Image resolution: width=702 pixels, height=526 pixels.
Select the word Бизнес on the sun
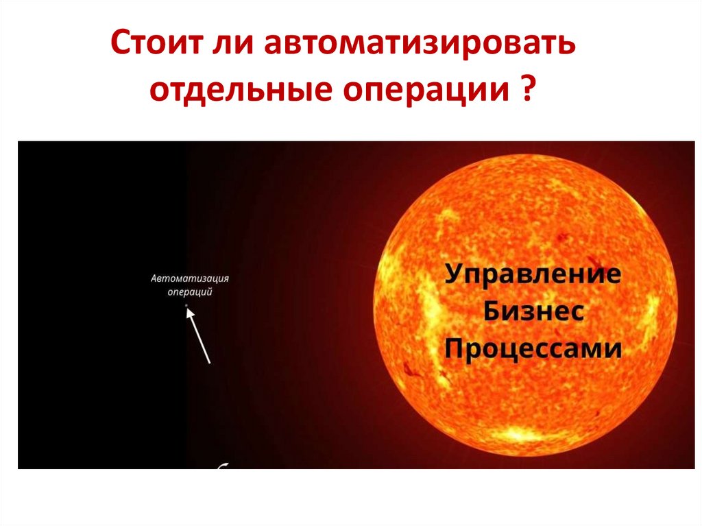tap(533, 313)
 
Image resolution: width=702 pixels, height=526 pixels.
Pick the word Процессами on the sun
tap(533, 349)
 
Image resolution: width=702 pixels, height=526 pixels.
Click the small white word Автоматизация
tap(190, 278)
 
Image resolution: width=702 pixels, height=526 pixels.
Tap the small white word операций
tap(190, 291)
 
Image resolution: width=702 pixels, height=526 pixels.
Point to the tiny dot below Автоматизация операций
tap(186, 305)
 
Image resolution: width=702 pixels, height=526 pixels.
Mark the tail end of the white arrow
tap(209, 361)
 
